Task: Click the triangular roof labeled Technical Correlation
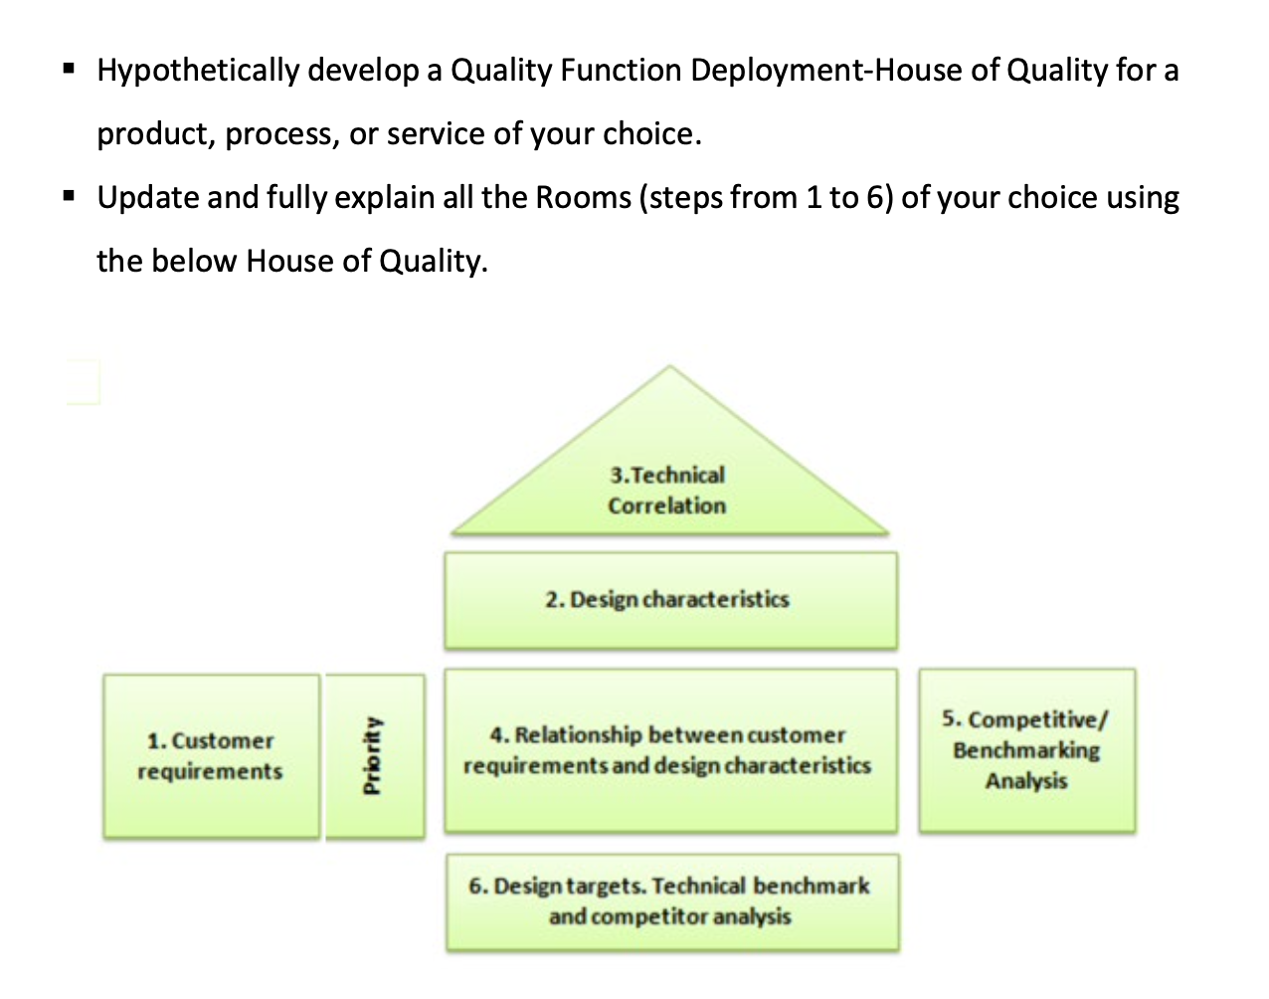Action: click(x=669, y=468)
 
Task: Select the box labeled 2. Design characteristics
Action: click(x=669, y=600)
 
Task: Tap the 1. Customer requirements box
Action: click(x=211, y=756)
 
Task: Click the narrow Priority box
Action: click(x=374, y=756)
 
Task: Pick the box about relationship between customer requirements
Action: click(x=669, y=750)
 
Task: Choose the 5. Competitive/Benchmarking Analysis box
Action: click(x=1026, y=750)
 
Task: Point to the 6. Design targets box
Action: click(x=671, y=901)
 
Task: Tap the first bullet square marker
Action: click(x=69, y=70)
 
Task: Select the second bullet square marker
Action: click(x=69, y=197)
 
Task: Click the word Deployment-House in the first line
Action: click(x=844, y=71)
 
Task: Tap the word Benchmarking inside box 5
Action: click(x=1026, y=750)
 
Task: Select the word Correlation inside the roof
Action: click(x=667, y=505)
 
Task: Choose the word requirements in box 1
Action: click(x=210, y=772)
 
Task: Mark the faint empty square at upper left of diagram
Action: click(x=83, y=382)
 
